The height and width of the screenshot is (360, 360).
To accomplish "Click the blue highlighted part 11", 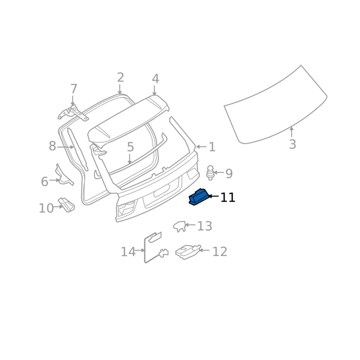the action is [x=198, y=197].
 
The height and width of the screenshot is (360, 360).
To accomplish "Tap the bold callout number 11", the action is [x=228, y=198].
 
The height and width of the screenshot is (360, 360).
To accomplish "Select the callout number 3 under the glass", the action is [x=292, y=144].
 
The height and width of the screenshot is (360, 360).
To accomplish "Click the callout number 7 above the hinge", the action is [x=73, y=89].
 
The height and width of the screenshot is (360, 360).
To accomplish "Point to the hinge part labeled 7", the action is [x=73, y=114].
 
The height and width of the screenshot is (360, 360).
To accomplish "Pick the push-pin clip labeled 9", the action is [x=210, y=173].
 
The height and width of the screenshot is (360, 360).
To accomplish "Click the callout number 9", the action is [x=229, y=174].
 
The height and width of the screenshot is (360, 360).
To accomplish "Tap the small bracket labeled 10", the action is [x=67, y=205].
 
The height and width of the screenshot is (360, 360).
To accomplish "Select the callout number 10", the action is [x=46, y=208].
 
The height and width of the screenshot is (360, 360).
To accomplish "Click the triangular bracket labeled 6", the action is [x=64, y=175].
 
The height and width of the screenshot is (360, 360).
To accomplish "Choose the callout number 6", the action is [x=45, y=181].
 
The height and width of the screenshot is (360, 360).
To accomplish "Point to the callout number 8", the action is [x=52, y=146].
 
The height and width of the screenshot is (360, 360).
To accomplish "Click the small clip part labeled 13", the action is [x=179, y=226].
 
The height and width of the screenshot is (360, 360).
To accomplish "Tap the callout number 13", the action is [x=205, y=226].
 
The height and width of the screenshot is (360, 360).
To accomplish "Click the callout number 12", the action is [x=220, y=252].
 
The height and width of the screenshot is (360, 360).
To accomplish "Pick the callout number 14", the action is [x=128, y=252].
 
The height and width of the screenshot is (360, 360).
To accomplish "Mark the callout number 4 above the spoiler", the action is [x=155, y=79].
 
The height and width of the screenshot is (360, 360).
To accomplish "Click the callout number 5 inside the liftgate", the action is [x=130, y=147].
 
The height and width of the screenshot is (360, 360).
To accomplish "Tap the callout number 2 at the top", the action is [x=121, y=77].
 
